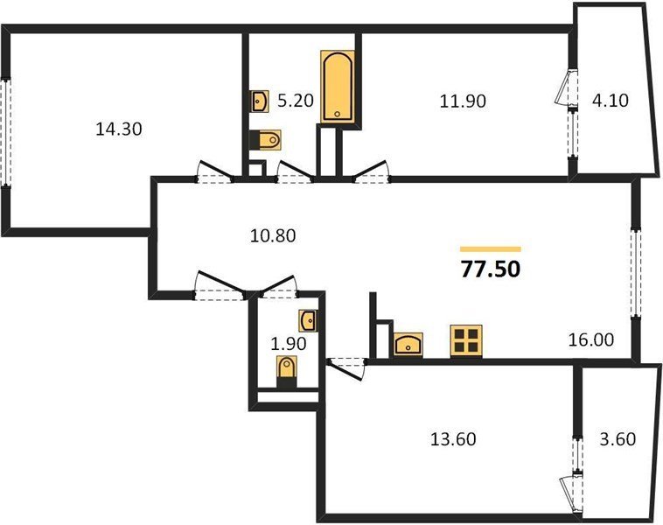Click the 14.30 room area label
coord(119,129)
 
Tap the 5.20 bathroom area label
coord(295,101)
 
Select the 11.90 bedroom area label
coord(463,101)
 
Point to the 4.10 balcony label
coord(611,101)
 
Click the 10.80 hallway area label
coord(273,235)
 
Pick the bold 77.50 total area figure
coord(491,269)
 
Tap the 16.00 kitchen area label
coord(591,339)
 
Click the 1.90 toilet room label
coord(289,344)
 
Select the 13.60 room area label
coord(453,438)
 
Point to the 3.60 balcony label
coord(618,438)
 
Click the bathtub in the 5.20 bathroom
coord(338,87)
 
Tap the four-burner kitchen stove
coord(466,341)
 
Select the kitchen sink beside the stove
coord(408,345)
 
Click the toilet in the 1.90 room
coord(287,371)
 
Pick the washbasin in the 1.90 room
coord(308,320)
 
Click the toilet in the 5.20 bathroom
coord(266,140)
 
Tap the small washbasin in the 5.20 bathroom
coord(259,101)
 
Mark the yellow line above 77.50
coord(491,249)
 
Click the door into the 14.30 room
coord(215,172)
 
